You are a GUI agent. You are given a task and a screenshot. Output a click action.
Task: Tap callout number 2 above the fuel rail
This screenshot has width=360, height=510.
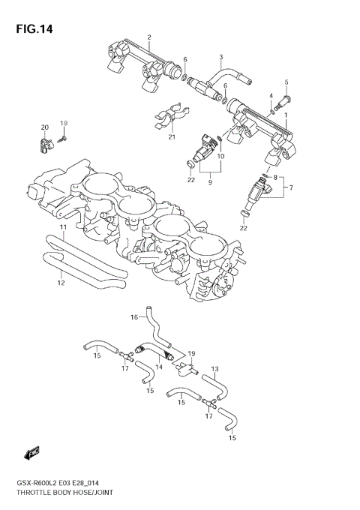point(149,37)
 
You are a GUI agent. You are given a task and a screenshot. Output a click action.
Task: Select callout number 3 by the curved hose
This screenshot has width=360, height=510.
point(220,57)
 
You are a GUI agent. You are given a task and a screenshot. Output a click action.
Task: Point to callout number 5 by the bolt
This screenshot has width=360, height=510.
point(286,82)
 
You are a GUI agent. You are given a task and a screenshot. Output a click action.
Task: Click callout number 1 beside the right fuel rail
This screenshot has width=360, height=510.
point(285,115)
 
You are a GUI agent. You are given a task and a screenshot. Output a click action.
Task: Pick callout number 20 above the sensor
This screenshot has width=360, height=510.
point(44,127)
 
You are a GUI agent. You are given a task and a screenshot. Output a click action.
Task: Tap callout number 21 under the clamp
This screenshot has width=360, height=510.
point(171,136)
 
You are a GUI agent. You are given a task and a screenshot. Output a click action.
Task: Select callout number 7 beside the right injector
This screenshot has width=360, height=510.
point(292,187)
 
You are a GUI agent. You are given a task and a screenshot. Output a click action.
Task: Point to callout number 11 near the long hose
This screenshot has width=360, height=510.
point(63,227)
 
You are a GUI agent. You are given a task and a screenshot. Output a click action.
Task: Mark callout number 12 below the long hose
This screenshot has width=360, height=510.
point(61,283)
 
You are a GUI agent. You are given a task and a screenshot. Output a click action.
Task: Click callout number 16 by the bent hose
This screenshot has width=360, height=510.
point(135,317)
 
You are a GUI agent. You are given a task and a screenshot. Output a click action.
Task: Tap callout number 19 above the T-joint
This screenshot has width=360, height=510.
point(192,352)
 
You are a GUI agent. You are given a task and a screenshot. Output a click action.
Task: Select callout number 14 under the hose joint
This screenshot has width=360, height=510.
point(159,367)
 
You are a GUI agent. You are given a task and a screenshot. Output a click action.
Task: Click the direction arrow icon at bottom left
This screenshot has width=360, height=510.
point(31,451)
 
